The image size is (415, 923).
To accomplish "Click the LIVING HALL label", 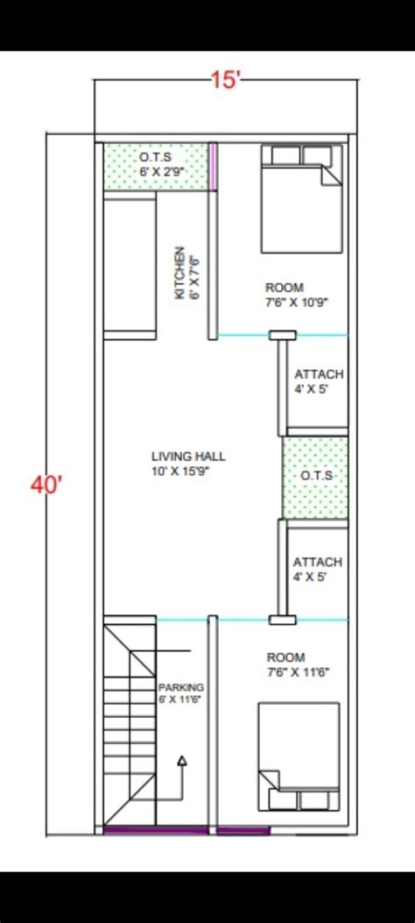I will [187, 463].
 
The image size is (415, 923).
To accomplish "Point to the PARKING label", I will [181, 692].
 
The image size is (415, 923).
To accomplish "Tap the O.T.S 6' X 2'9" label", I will [156, 164].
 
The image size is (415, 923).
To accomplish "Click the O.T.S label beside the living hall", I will [315, 476].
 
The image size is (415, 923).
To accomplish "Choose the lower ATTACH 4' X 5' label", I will [318, 569].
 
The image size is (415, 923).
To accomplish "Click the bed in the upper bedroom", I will [300, 199].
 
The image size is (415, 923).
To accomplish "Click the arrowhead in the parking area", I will [182, 761].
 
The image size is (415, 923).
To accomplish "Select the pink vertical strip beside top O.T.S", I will [213, 165].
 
